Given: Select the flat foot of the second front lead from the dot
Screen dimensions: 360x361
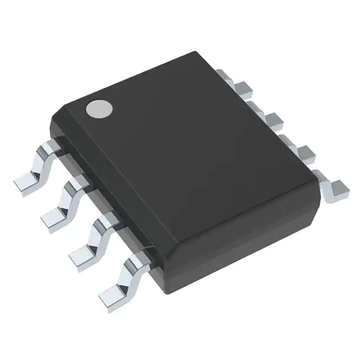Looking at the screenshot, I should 56,217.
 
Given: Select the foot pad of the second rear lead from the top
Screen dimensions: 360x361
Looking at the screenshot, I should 275,119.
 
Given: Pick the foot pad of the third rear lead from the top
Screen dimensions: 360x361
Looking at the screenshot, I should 307,152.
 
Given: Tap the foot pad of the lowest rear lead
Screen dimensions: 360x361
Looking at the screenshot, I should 340,186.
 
